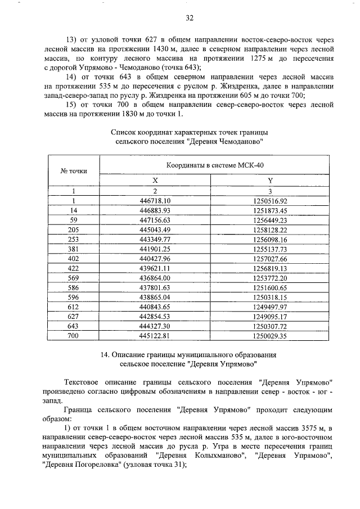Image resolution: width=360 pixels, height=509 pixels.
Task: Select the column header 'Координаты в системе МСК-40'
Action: [214, 165]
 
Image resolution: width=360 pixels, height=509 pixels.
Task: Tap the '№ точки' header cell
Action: [71, 170]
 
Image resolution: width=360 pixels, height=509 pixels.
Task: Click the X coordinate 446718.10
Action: [154, 200]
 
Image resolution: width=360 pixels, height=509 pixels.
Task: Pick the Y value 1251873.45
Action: [270, 210]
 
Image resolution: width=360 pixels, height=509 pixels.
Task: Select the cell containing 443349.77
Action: [154, 239]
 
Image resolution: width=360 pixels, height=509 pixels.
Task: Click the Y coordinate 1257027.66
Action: [270, 258]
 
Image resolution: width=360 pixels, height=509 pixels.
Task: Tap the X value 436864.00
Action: [154, 278]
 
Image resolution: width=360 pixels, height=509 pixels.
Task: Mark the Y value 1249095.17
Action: [270, 316]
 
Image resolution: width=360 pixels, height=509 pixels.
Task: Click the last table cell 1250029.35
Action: [270, 336]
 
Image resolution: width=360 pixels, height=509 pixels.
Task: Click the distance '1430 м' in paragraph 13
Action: [157, 49]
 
